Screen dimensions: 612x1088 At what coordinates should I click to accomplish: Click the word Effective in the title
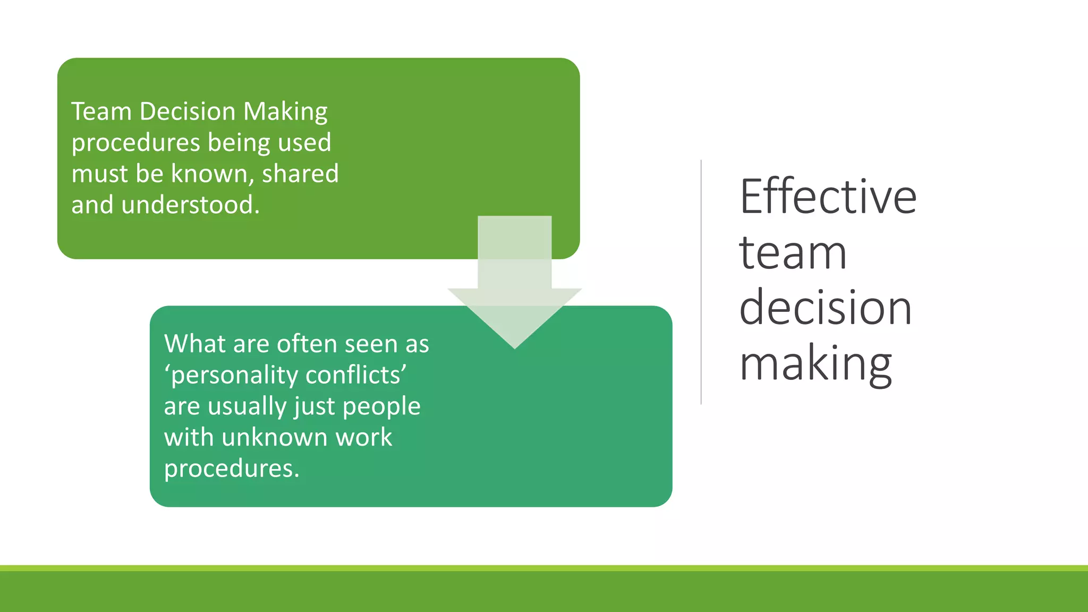828,197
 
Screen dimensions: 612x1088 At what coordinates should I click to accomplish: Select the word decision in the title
826,308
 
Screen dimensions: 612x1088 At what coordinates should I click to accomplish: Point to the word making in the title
815,364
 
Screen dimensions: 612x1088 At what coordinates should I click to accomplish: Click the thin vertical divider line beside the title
701,282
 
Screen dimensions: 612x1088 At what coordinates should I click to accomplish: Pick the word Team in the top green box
101,112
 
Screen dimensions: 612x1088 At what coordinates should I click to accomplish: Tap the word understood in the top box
190,205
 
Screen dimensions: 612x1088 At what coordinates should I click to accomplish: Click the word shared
300,174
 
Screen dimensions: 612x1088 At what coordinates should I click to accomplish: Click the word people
381,406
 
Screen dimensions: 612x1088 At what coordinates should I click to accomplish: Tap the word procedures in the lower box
232,469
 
